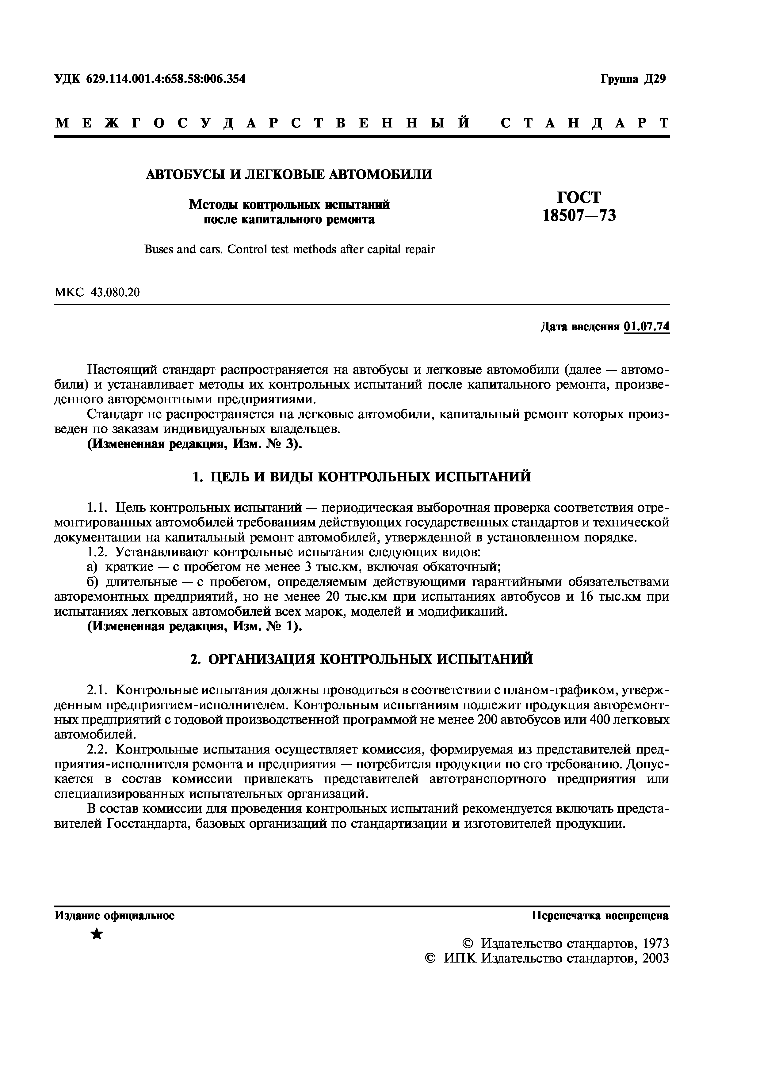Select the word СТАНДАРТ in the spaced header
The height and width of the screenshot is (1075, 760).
pyautogui.click(x=585, y=123)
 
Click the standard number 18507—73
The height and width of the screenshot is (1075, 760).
pyautogui.click(x=579, y=216)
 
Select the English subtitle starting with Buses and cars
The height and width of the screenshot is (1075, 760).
pyautogui.click(x=289, y=249)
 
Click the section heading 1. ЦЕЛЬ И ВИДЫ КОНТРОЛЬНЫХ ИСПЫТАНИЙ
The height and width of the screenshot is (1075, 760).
pyautogui.click(x=362, y=477)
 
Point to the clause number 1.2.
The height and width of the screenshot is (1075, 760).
pyautogui.click(x=99, y=552)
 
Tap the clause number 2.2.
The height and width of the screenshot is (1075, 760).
pyautogui.click(x=99, y=750)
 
